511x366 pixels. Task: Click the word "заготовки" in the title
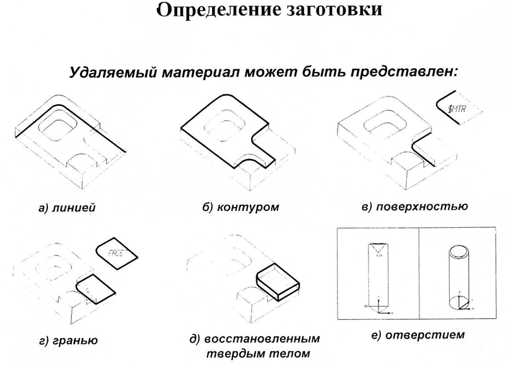(x=327, y=11)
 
